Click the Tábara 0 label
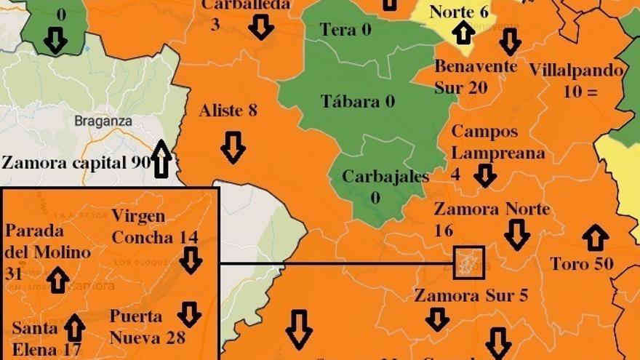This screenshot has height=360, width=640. click(358, 101)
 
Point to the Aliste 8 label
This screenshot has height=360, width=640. click(228, 111)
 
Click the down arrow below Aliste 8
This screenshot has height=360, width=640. click(233, 147)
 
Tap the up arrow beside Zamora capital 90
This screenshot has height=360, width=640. click(161, 159)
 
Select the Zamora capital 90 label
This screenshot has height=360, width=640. click(76, 162)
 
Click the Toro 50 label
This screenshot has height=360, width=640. click(581, 264)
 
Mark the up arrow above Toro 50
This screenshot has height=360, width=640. click(595, 238)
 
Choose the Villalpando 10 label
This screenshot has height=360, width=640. click(576, 81)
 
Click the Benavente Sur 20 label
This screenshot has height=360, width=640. click(476, 76)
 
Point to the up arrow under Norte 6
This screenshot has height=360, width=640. click(463, 33)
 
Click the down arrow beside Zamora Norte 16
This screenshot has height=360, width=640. click(517, 235)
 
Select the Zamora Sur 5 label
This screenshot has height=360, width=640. click(471, 295)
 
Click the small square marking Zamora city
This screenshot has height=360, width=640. click(468, 262)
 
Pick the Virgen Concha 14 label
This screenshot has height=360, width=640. click(154, 227)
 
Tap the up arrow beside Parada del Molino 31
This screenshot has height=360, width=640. click(58, 279)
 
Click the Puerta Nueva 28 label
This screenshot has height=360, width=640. click(147, 327)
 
